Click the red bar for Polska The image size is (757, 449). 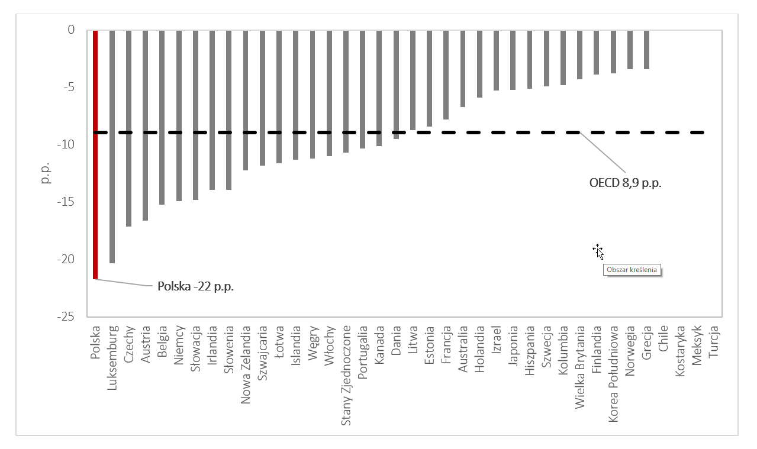(x=95, y=154)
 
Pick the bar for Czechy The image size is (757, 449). (x=128, y=128)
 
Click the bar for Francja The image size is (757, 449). (x=446, y=74)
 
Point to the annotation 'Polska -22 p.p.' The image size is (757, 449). (x=196, y=286)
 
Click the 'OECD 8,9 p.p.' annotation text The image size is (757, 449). (x=625, y=183)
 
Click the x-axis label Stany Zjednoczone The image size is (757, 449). (x=346, y=375)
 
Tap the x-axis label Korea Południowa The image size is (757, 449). (x=614, y=373)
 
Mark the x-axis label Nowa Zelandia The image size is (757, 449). (x=246, y=367)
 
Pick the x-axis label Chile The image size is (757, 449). (x=663, y=338)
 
